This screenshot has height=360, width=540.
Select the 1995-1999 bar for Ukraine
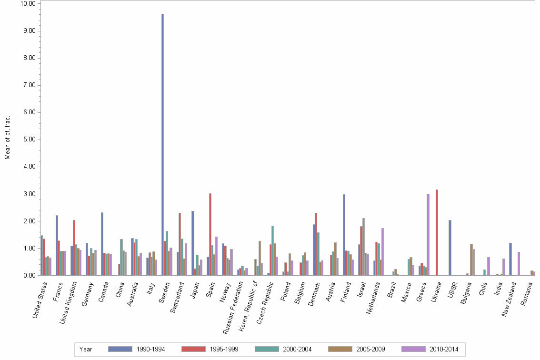coord(437,232)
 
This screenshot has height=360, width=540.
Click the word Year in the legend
coord(86,350)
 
